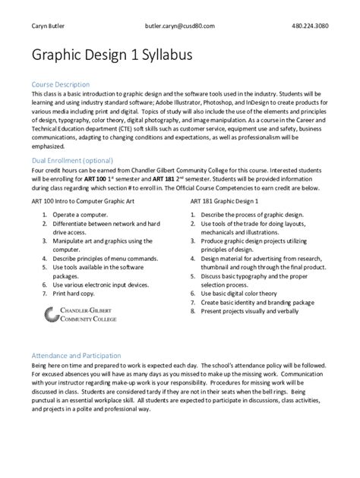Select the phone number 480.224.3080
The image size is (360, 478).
[x=311, y=26]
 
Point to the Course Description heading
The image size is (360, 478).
[x=60, y=83]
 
